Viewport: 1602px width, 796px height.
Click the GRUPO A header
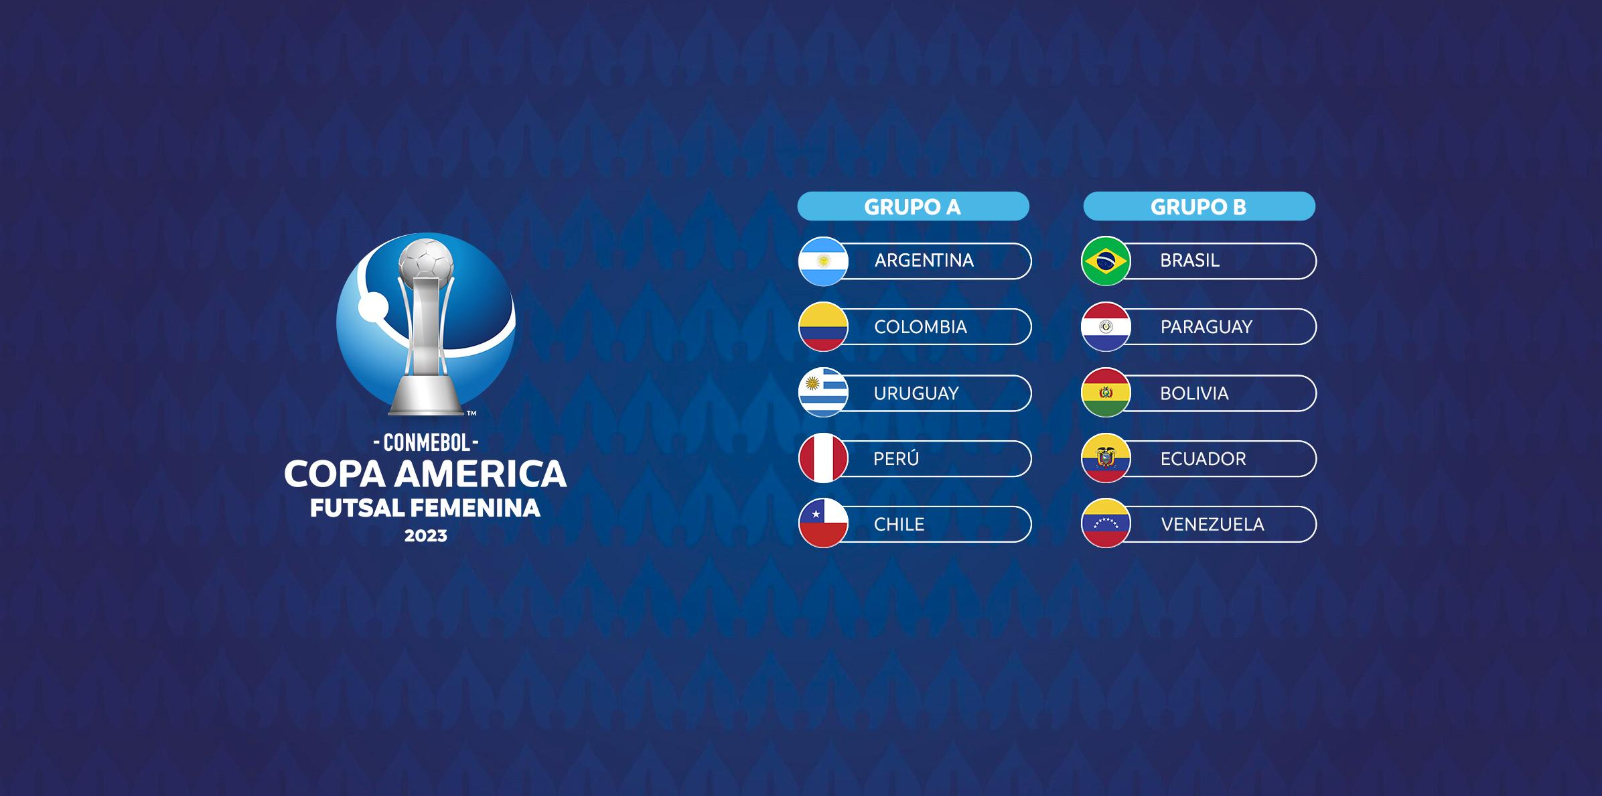pos(912,206)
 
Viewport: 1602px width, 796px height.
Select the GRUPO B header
pos(1198,206)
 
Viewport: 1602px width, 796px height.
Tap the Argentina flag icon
pos(823,261)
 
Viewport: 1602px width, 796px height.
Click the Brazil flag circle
pos(1106,261)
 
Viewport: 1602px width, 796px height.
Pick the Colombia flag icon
pos(823,327)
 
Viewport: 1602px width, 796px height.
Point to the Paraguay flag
pos(1106,327)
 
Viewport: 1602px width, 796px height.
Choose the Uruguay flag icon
pos(823,393)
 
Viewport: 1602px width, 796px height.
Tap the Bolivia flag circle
pos(1106,393)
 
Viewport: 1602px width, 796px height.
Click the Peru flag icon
pos(823,458)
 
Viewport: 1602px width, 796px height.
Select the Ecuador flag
pos(1106,458)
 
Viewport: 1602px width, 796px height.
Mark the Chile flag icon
pos(823,523)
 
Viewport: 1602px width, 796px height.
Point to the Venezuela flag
pos(1106,523)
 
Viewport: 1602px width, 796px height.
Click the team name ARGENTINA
pos(924,261)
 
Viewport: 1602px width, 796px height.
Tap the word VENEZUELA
pos(1212,524)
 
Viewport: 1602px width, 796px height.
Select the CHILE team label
pos(899,524)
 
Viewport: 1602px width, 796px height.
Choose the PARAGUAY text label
pos(1206,327)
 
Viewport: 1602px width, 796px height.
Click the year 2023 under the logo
pos(425,535)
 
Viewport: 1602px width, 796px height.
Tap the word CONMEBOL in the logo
pos(426,442)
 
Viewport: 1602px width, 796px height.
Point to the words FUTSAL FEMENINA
pos(425,508)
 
